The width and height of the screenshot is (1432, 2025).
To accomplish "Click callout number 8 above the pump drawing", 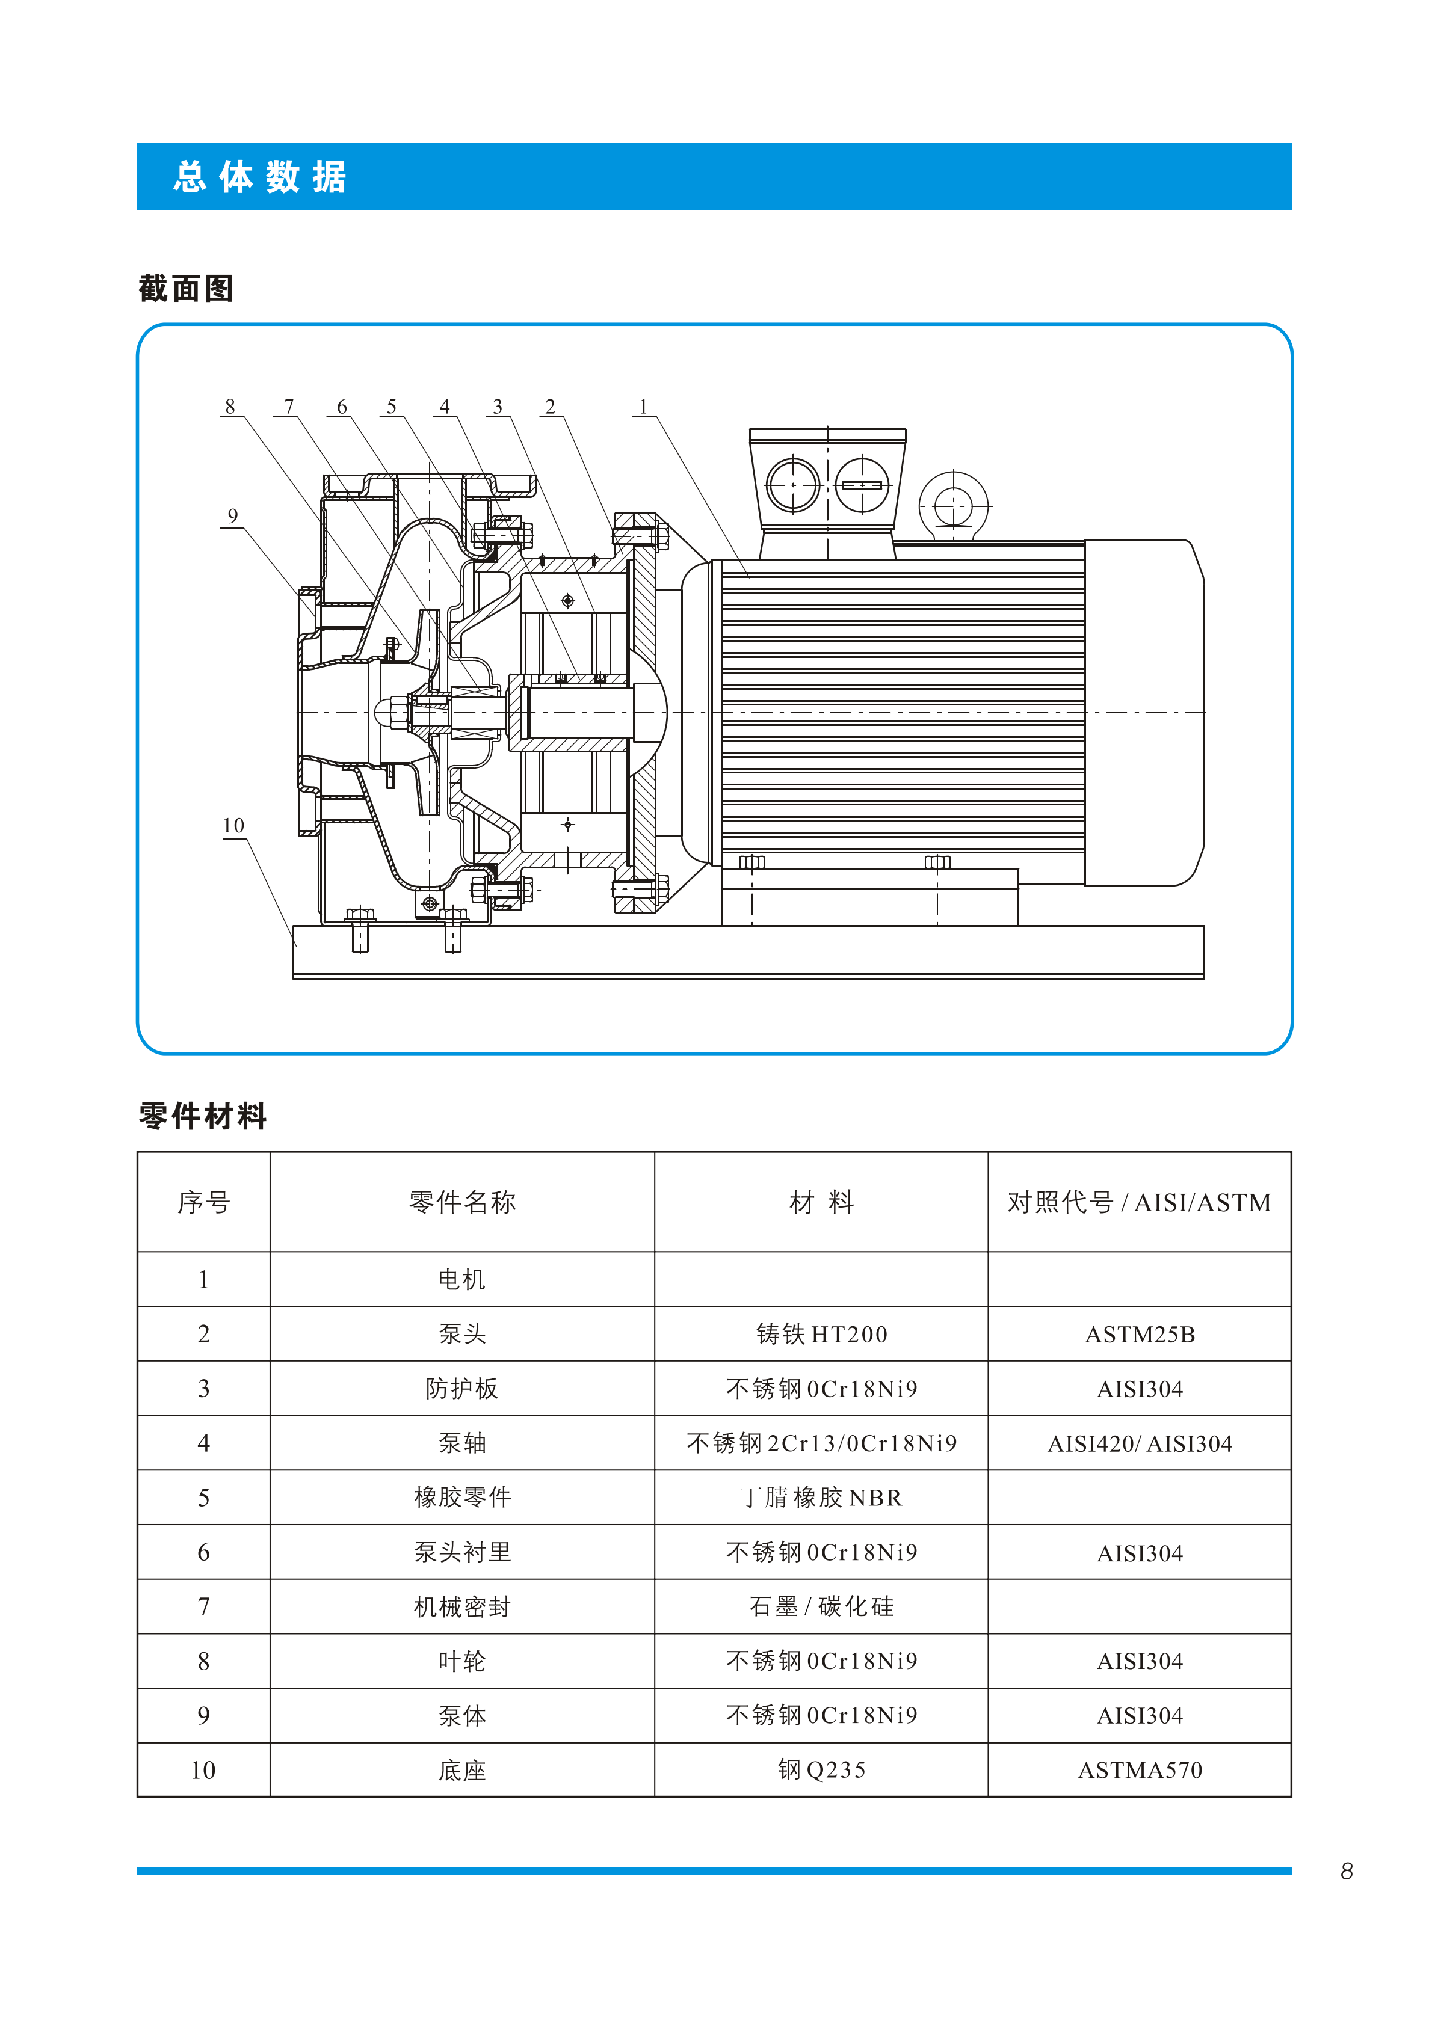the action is point(230,407).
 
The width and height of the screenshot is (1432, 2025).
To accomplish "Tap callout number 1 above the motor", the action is point(643,407).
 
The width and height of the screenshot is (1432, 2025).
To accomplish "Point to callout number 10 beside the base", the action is point(233,826).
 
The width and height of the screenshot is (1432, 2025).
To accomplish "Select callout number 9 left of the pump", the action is point(232,516).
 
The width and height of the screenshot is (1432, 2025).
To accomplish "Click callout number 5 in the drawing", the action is point(392,407).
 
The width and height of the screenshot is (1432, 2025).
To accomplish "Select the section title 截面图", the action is point(186,289).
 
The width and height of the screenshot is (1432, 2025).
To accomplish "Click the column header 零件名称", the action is point(462,1202).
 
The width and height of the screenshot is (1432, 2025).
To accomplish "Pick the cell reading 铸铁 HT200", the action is point(821,1333).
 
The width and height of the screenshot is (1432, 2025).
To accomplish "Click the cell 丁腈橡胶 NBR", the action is point(821,1498).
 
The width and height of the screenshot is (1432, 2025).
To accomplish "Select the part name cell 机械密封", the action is point(462,1607).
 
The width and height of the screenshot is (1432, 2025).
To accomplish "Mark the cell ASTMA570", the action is point(1140,1770).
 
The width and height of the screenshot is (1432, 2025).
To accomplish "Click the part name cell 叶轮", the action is point(462,1662).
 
